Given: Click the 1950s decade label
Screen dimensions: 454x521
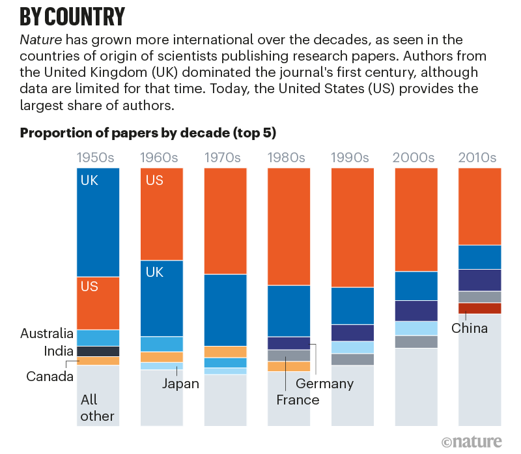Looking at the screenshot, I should (x=98, y=158).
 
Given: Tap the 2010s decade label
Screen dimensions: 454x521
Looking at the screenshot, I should (x=479, y=158).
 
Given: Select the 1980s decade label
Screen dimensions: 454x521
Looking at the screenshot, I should (x=289, y=158).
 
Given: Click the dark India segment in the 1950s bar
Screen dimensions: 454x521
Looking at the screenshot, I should (x=98, y=351).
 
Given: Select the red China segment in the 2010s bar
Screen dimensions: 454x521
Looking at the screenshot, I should (x=479, y=308).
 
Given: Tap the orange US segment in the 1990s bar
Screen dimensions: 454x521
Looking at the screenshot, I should (x=352, y=228).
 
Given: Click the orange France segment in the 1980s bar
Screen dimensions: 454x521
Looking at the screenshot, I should (x=289, y=366).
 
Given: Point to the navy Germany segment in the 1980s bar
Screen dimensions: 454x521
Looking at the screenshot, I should (x=289, y=343).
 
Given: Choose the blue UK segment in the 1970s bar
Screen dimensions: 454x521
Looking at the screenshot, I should (x=225, y=310).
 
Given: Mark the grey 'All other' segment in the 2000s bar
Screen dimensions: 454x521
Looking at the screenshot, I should (x=416, y=387).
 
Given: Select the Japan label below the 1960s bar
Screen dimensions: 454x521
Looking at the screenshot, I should (x=180, y=383).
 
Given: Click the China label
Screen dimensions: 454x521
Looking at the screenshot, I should (x=469, y=328).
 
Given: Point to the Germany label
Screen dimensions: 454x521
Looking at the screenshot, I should (x=324, y=383).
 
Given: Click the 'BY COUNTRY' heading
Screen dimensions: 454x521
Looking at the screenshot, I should (x=72, y=16).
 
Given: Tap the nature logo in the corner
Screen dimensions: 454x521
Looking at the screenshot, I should (x=472, y=441).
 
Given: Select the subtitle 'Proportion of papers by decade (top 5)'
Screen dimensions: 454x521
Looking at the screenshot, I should (x=148, y=134).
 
